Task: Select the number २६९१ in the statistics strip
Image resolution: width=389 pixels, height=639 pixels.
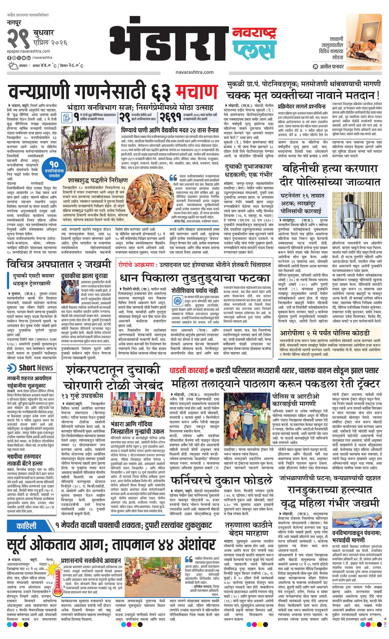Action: click(x=170, y=117)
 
